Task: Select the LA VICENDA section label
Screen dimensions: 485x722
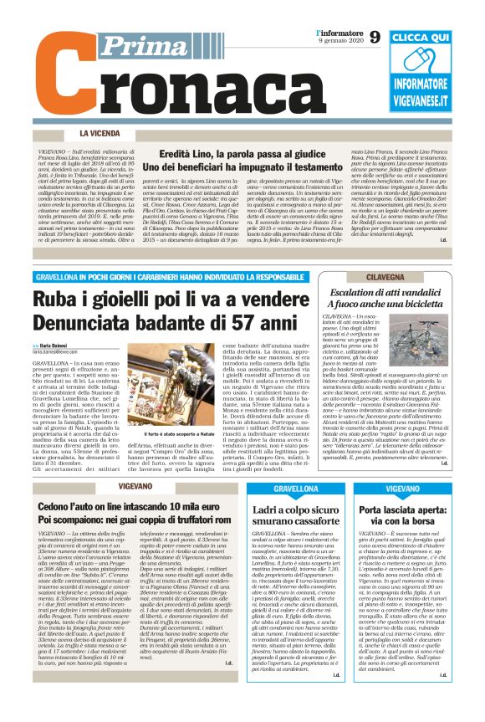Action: [105, 133]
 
